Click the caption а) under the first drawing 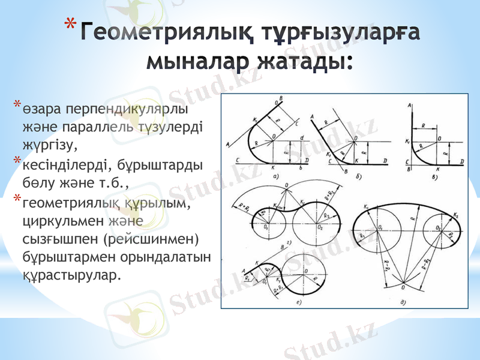pyautogui.click(x=275, y=176)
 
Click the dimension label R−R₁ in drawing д pyautogui.click(x=384, y=265)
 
